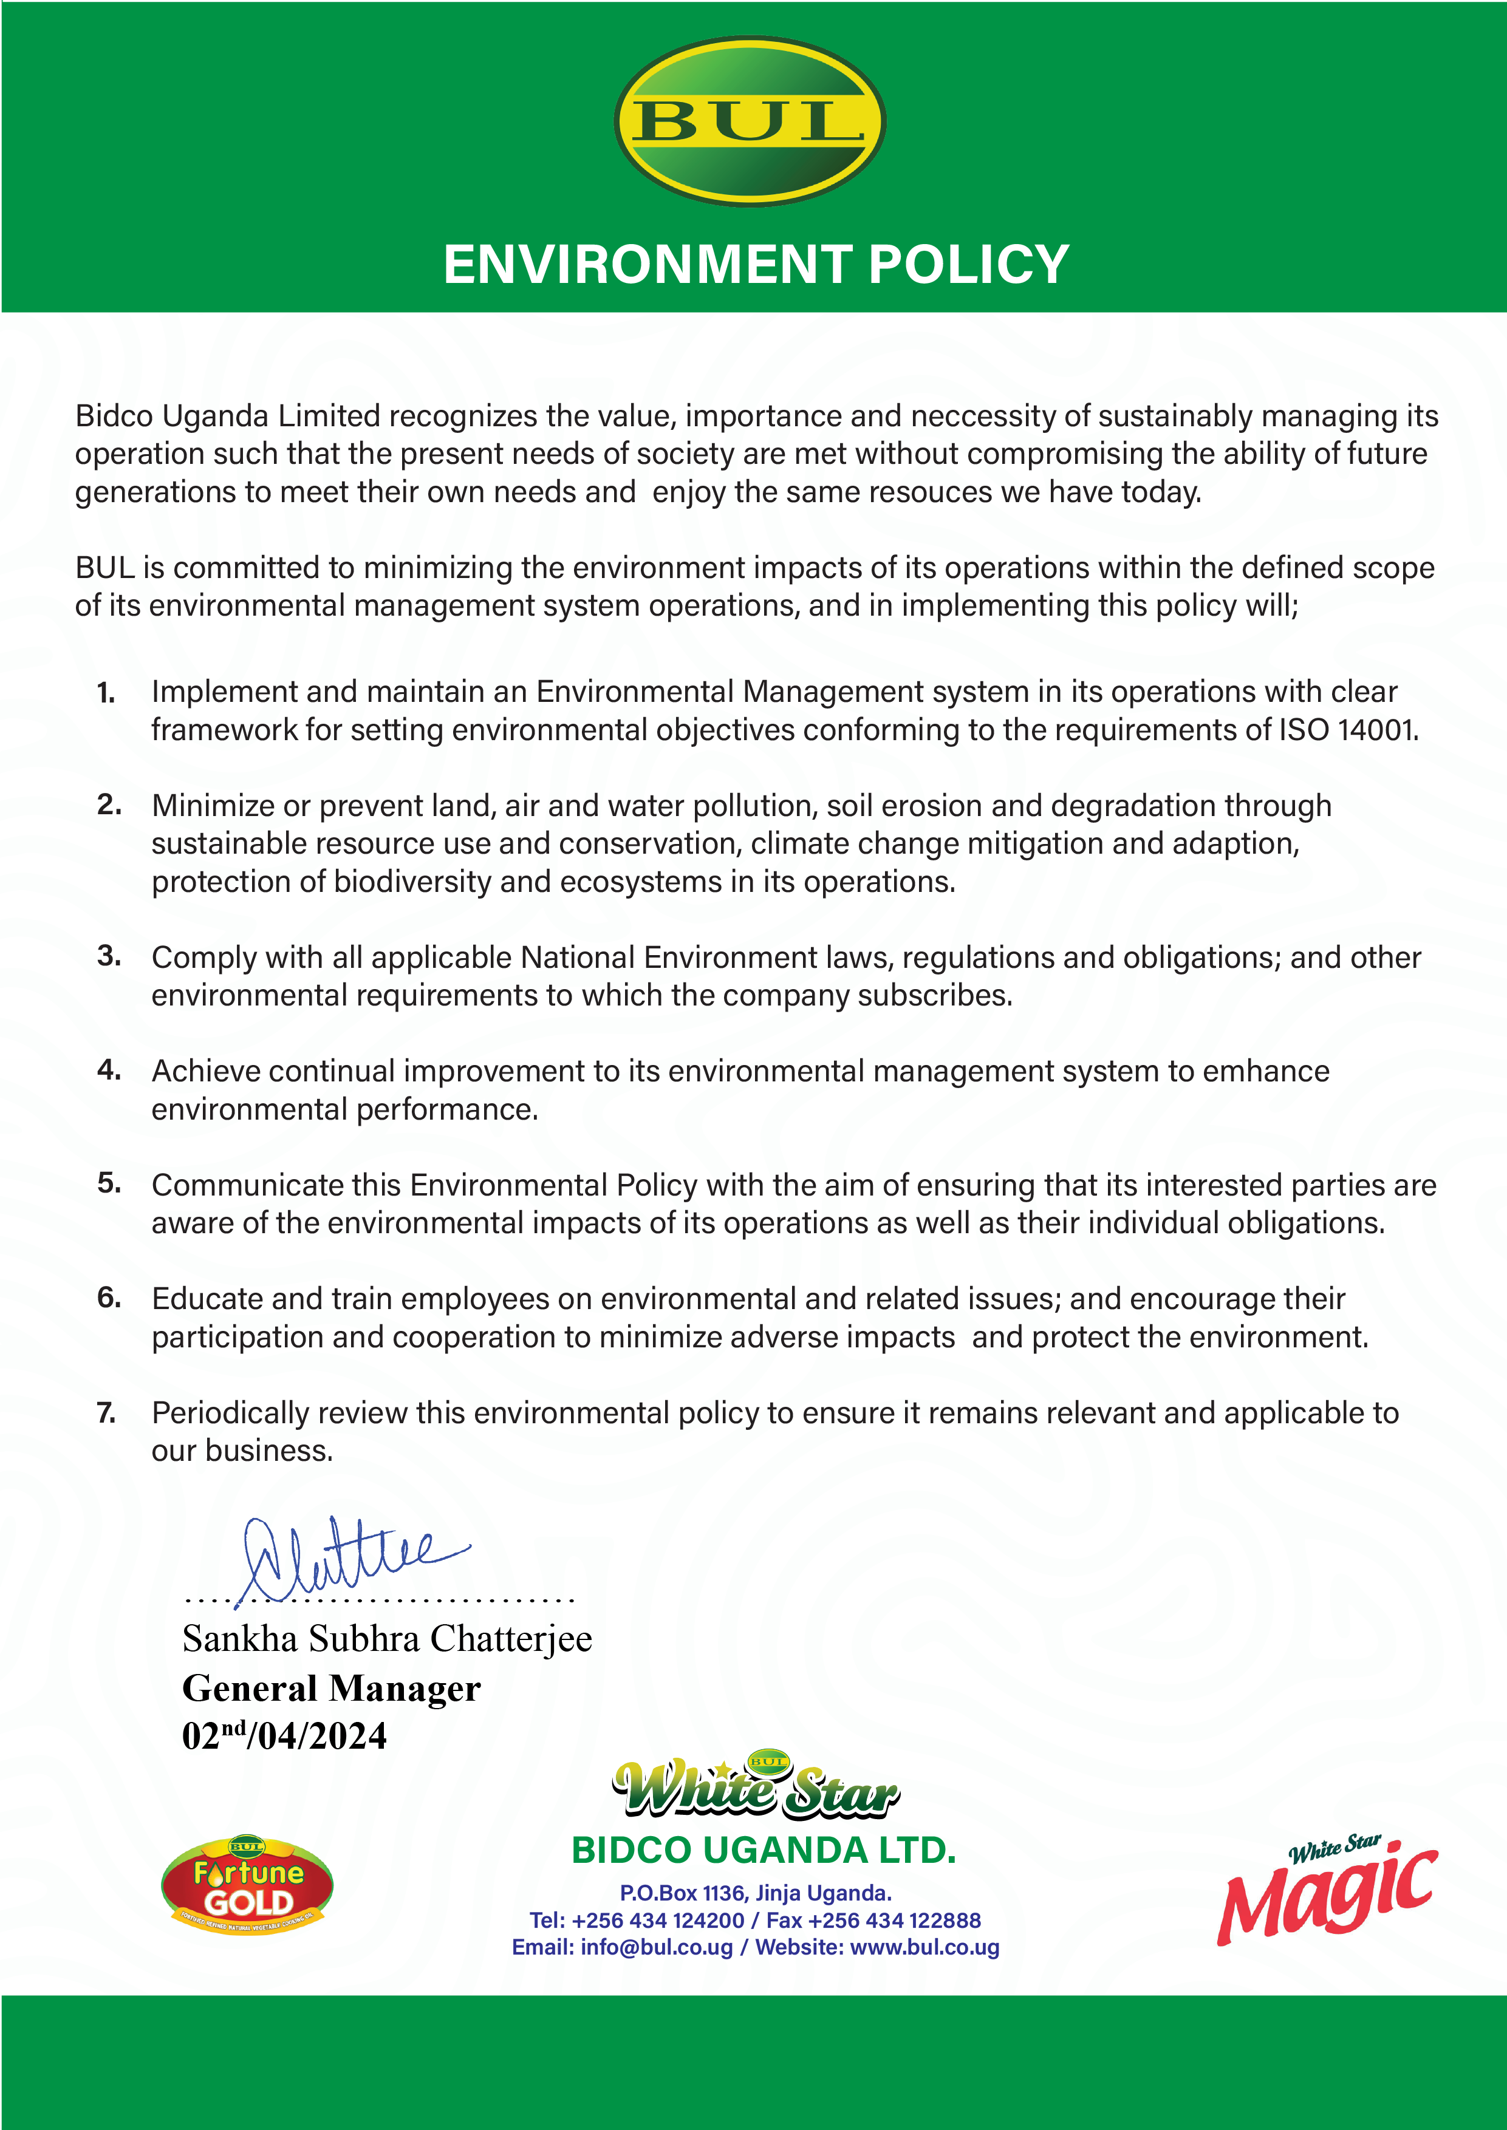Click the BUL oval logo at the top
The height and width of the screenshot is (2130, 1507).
[750, 121]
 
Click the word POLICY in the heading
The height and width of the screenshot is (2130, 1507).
[969, 265]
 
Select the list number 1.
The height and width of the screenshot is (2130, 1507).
[106, 693]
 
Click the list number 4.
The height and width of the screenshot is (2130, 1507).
[109, 1070]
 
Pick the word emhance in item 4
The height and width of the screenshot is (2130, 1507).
[1266, 1072]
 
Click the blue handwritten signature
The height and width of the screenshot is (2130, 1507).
[343, 1559]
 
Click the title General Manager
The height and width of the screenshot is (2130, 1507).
[331, 1689]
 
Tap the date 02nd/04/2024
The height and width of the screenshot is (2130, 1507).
[284, 1737]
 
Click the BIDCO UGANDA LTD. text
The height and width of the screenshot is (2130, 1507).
[763, 1851]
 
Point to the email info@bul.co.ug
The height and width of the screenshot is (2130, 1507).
[656, 1947]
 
